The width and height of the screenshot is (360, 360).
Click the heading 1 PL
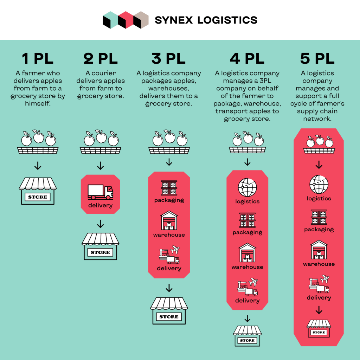click(x=38, y=59)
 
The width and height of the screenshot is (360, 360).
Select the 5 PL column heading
click(x=317, y=59)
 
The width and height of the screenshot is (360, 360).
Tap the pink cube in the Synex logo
click(x=126, y=20)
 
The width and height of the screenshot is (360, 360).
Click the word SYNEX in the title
click(x=174, y=20)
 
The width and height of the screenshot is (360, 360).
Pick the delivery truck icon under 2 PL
click(x=100, y=192)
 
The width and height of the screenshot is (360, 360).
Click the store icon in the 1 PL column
click(x=38, y=191)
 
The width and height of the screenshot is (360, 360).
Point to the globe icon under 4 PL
click(x=247, y=187)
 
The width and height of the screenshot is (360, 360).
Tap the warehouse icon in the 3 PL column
click(x=169, y=220)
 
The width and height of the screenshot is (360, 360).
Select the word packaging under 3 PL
click(x=169, y=200)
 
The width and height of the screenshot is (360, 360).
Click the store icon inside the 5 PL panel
click(x=319, y=328)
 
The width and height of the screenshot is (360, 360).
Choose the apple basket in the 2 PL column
click(x=100, y=142)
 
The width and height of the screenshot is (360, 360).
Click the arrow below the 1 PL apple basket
click(x=38, y=166)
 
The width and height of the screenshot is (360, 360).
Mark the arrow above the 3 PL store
click(x=169, y=288)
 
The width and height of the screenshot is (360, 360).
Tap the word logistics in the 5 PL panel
click(x=319, y=199)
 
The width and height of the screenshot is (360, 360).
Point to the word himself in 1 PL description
click(x=38, y=104)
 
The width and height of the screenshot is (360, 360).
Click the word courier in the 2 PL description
click(x=104, y=73)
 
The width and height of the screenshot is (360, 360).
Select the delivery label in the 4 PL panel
click(x=247, y=301)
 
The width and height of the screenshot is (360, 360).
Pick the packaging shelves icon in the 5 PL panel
click(x=319, y=217)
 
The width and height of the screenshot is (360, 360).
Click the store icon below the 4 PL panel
click(x=247, y=336)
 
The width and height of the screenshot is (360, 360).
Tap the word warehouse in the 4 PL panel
click(x=247, y=267)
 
